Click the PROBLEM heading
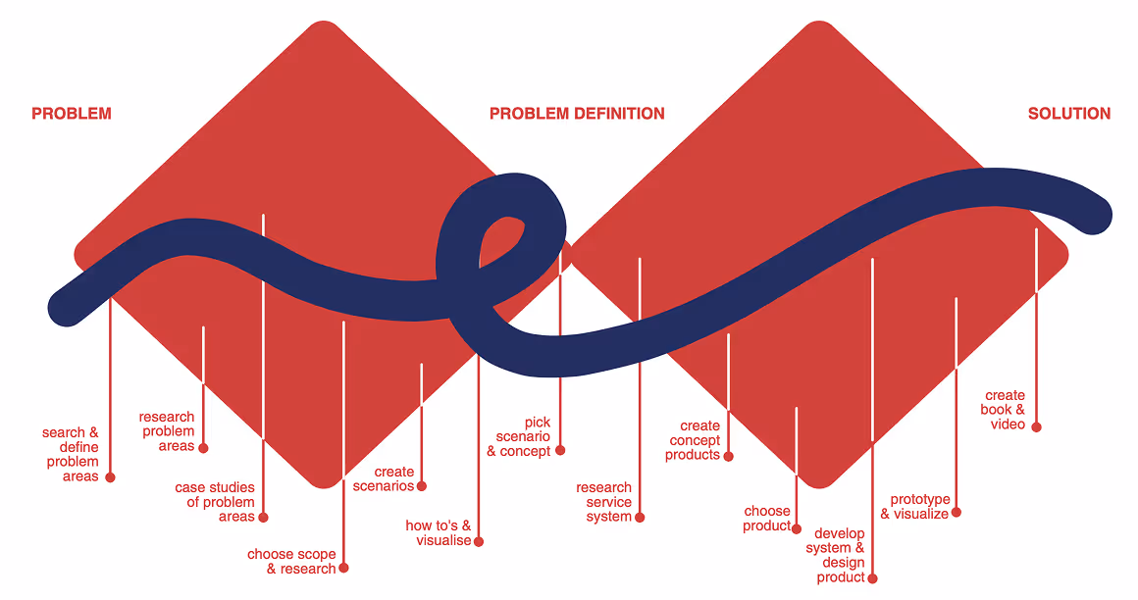[x=72, y=114]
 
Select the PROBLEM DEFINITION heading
[x=577, y=114]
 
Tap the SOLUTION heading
[x=1068, y=114]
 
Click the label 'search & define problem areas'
[x=72, y=454]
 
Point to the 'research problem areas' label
[x=168, y=431]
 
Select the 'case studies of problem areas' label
[x=216, y=502]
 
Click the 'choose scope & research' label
[x=292, y=562]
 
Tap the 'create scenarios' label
[x=384, y=479]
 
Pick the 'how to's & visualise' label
[x=439, y=533]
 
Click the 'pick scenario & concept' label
[x=520, y=436]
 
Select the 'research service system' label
[x=604, y=502]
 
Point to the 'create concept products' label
[x=694, y=440]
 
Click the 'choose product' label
[x=767, y=519]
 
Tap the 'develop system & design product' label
[x=836, y=556]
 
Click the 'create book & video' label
[x=1004, y=410]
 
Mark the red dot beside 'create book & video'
[x=1036, y=426]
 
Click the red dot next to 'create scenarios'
[x=422, y=486]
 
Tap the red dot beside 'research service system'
[x=640, y=517]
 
